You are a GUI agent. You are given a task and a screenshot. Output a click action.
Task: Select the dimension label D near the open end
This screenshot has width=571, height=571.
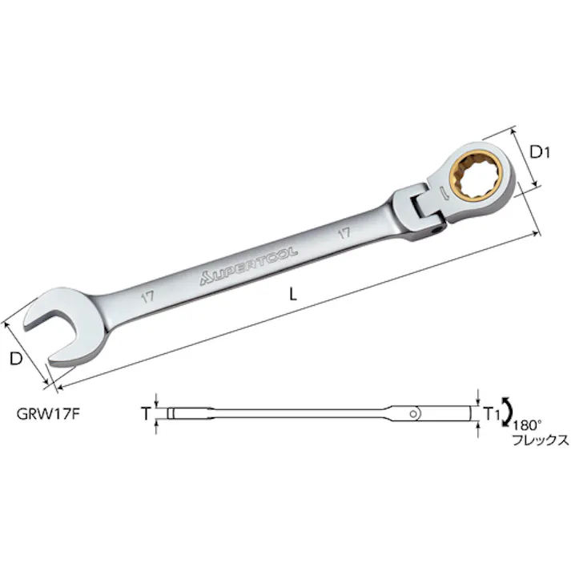click(x=14, y=360)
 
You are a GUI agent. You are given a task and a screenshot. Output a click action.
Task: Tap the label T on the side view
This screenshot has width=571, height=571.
click(x=144, y=413)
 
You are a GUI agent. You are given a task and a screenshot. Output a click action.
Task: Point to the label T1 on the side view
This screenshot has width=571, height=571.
click(x=492, y=413)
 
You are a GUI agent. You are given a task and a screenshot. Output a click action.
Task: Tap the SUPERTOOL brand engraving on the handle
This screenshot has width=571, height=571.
click(x=249, y=266)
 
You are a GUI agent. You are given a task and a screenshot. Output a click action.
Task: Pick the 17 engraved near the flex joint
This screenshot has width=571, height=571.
click(x=344, y=235)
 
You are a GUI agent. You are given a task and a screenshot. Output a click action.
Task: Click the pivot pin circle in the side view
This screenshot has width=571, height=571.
click(x=413, y=413)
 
